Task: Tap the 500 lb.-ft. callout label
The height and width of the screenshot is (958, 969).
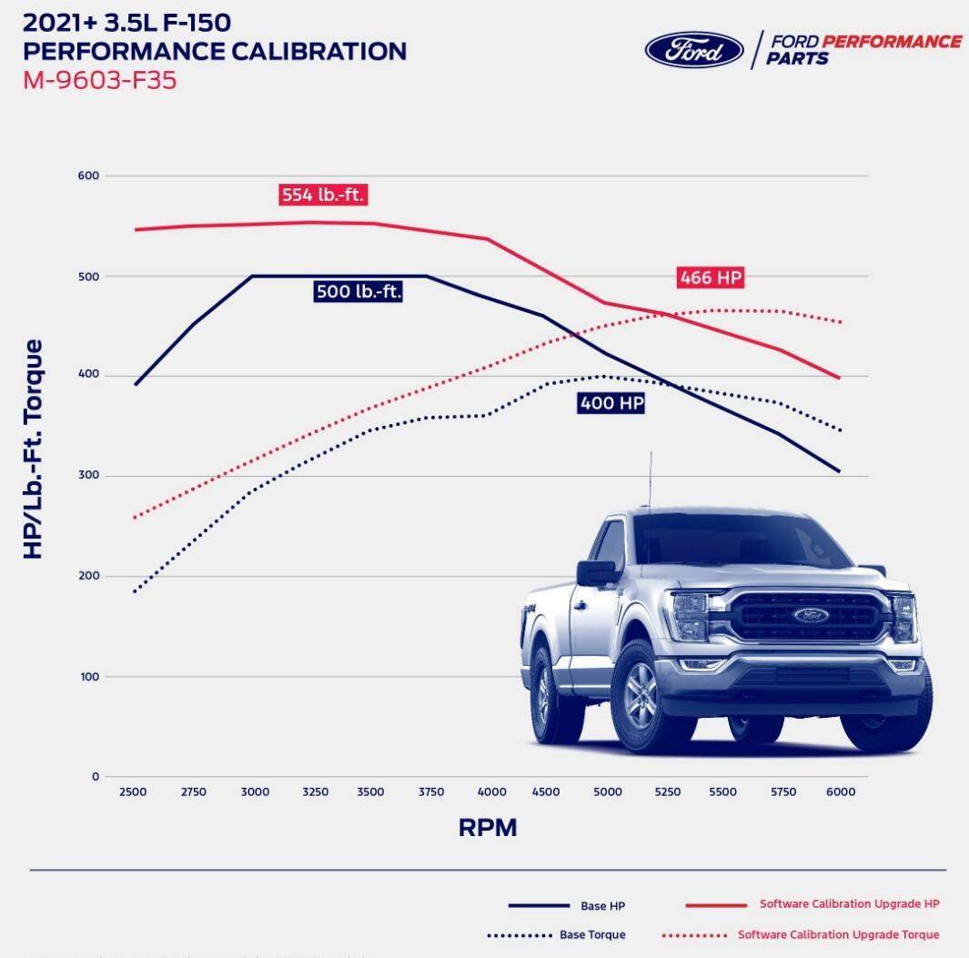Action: pos(358,292)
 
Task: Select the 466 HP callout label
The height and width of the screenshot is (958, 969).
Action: pos(711,278)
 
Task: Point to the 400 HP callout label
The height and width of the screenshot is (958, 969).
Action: pos(611,403)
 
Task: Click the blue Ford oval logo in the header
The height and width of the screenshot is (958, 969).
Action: pos(694,49)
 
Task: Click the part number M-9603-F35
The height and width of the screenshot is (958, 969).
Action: pos(100,80)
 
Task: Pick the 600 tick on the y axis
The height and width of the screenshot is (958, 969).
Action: pos(88,176)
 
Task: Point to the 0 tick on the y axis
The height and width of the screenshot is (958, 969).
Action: pos(95,777)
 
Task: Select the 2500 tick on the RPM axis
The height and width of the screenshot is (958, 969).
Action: pos(133,792)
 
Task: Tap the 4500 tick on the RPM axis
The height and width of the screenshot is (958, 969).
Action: pos(545,792)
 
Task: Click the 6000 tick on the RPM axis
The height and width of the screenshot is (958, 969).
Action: pos(841,792)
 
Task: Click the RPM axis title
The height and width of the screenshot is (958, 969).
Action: pos(488,828)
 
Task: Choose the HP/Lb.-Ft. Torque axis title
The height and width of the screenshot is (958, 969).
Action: pos(34,449)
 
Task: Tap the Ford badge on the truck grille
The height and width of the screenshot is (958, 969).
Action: pos(811,615)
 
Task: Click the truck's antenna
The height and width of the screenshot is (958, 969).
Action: pos(650,479)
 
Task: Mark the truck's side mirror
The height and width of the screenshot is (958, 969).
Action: pos(597,573)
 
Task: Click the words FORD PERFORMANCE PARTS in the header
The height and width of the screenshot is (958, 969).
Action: pos(862,49)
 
